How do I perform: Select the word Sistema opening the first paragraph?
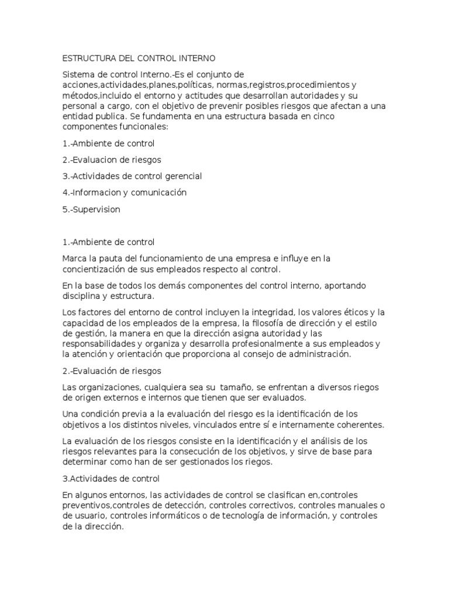(x=79, y=75)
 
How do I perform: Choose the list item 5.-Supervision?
(x=91, y=209)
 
